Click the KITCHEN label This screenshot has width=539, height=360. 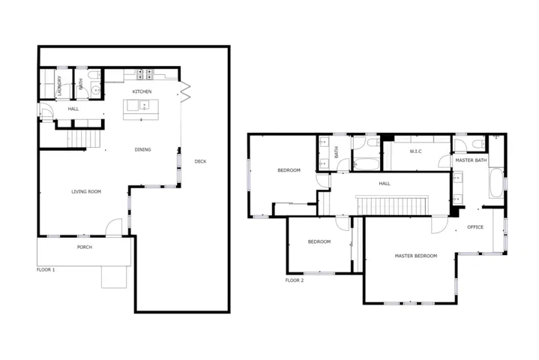point(142,91)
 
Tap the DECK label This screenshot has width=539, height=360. point(200,161)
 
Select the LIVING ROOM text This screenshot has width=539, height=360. point(86,191)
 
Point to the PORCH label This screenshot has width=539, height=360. point(85,247)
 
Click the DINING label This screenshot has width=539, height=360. point(142,149)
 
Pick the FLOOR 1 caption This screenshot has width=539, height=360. point(46,270)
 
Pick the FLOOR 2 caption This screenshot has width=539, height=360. point(295,280)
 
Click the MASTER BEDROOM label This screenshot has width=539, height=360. point(416,256)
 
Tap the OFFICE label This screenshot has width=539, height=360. point(475,227)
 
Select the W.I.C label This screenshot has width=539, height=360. point(415,151)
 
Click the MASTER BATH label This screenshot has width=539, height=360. point(471,160)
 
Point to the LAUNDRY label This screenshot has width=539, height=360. point(60,85)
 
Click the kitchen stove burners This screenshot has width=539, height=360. point(145,74)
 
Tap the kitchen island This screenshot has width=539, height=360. point(141,109)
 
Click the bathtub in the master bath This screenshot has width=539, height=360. point(496,182)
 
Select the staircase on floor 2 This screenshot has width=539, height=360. point(392,205)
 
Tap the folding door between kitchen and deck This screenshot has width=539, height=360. point(185,91)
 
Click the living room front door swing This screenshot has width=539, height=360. point(114,227)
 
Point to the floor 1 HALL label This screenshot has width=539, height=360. point(73,109)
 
